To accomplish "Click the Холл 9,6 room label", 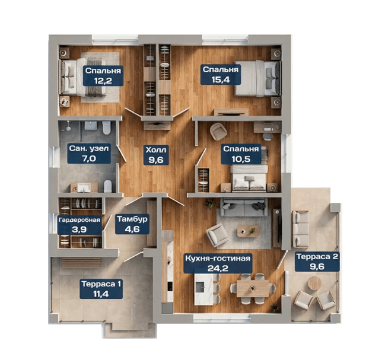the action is click(x=156, y=155).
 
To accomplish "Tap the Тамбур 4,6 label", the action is click(x=132, y=224).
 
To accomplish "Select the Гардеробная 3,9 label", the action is click(x=79, y=225).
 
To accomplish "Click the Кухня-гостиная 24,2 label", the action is click(x=218, y=263).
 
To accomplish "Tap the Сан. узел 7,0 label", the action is click(x=89, y=154).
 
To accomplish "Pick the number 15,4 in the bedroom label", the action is click(x=221, y=79).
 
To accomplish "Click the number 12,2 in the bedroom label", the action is click(x=103, y=81).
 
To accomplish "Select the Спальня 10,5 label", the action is click(x=241, y=154).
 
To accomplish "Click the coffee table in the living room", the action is click(x=248, y=231).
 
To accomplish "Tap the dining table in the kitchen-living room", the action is click(x=253, y=288).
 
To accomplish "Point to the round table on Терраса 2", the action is click(x=315, y=283).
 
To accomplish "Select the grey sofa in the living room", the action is click(x=244, y=208).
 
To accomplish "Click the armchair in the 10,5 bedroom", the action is click(x=218, y=132).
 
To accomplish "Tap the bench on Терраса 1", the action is click(x=81, y=263).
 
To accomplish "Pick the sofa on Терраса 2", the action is click(x=301, y=229).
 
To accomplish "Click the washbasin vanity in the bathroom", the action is click(x=84, y=187).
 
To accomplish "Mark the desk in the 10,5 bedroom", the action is click(x=267, y=127).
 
